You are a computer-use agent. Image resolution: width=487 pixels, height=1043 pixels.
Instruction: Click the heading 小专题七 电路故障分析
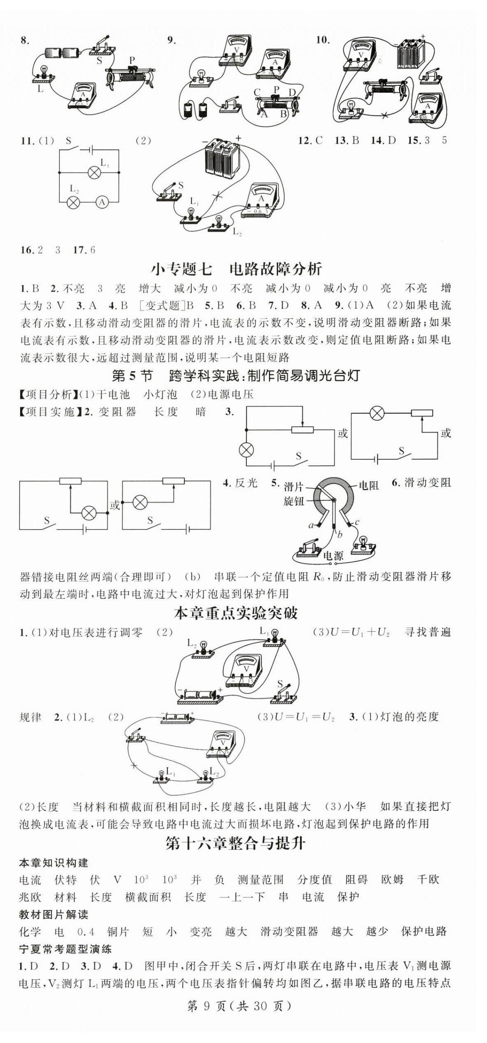(x=237, y=269)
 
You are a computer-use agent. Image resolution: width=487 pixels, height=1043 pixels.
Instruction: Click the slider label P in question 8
(x=132, y=60)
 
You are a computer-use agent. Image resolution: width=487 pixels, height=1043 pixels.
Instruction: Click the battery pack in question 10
(x=411, y=53)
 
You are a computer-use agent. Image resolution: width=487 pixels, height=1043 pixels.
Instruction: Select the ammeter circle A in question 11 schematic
(x=102, y=202)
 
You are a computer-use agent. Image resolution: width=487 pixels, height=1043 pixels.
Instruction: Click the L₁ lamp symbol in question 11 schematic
(x=94, y=172)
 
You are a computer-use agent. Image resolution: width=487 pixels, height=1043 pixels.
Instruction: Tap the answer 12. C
(x=310, y=140)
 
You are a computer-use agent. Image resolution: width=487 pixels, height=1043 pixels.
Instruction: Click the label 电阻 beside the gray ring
(x=368, y=486)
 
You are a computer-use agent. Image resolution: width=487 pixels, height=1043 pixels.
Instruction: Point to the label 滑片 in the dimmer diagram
(x=293, y=487)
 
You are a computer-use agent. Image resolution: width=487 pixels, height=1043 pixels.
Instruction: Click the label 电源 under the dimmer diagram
(x=333, y=556)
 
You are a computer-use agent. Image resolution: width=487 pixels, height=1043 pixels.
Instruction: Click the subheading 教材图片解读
(x=54, y=915)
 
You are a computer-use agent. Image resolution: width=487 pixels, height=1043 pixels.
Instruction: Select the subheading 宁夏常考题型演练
(x=65, y=949)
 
